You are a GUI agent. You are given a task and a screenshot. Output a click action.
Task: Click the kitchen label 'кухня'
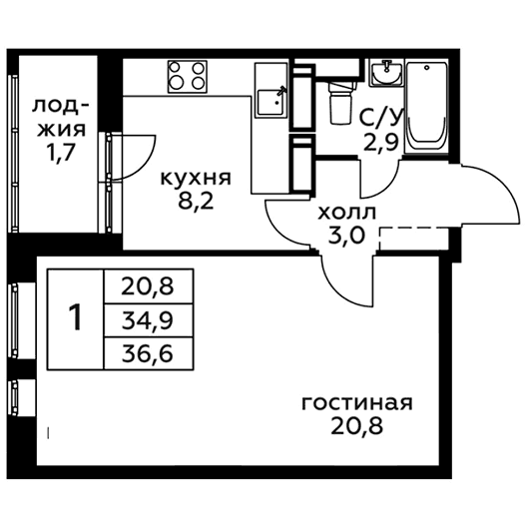pos(196,178)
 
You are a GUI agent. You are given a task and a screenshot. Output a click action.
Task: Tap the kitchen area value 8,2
pos(196,202)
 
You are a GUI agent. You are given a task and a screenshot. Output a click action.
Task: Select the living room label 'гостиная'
pos(357,402)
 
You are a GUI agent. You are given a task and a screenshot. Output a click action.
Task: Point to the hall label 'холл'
pos(347,213)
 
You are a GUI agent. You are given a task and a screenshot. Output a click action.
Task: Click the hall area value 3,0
pos(346,236)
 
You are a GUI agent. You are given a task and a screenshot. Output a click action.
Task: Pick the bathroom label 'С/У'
pos(380,118)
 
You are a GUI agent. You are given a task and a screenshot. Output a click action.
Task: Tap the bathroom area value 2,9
pos(381,141)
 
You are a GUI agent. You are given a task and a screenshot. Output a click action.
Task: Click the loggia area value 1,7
pos(61,154)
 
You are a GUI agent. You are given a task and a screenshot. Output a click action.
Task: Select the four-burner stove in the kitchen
pos(188,77)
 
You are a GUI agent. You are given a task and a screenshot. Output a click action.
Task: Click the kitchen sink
pos(271,102)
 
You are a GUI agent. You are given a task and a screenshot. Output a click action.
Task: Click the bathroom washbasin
pos(386,73)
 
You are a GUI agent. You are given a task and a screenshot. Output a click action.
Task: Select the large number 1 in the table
pos(75,316)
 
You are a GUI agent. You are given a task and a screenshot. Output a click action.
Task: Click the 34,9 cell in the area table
pos(148,321)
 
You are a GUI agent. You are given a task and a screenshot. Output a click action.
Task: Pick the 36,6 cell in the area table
pos(148,353)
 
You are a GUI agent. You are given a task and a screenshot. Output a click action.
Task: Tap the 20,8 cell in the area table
pos(148,286)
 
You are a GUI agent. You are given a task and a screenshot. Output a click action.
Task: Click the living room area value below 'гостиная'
pos(357,426)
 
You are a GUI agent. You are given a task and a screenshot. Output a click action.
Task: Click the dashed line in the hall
pos(414,229)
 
